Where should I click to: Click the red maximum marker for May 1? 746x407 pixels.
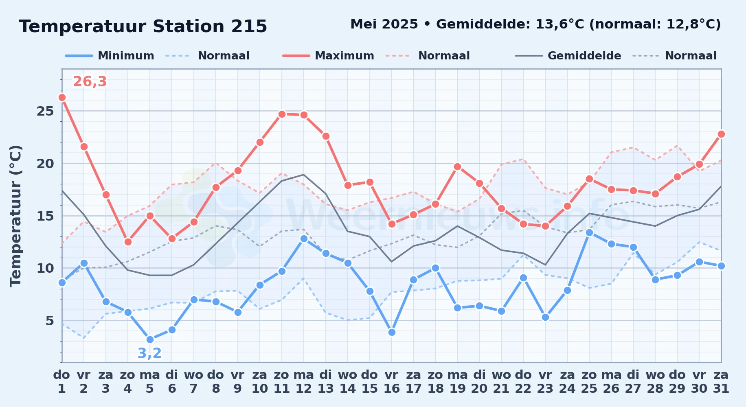pos(62,97)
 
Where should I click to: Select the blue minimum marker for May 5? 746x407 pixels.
pos(150,339)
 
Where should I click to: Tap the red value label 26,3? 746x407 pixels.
pos(90,82)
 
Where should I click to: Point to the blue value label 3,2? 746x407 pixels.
pos(149,353)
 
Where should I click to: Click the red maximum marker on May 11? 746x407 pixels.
pos(282,114)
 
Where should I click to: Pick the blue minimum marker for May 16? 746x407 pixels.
pos(392,332)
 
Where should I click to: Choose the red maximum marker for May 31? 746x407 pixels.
pos(721,134)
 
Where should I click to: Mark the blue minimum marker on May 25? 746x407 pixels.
pos(589,232)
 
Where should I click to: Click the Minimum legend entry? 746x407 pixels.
pos(110,56)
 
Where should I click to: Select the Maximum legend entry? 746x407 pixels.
pos(328,56)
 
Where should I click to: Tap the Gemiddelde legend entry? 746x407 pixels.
pos(568,56)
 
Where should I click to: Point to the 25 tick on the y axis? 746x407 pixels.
pos(45,111)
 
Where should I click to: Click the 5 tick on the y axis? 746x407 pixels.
pos(50,321)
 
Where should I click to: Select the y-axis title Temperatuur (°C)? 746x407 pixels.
pos(15,216)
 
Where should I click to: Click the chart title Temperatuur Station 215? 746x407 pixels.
pos(143,26)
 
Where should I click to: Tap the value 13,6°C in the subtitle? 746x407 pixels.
pos(560,24)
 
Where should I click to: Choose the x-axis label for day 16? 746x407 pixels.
pos(392,382)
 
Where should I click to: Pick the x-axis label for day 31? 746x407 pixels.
pos(721,382)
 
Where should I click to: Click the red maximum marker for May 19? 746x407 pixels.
pos(457,166)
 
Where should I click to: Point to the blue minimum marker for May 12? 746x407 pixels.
pos(304,239)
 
